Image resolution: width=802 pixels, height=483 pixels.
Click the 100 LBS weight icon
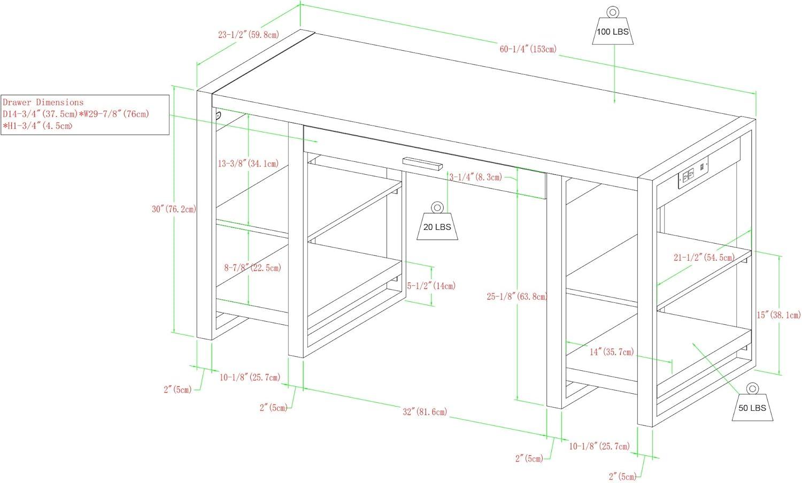(x=613, y=27)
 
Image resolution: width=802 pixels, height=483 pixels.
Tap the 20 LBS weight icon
(x=437, y=222)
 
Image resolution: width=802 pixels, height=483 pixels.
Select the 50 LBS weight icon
(x=752, y=402)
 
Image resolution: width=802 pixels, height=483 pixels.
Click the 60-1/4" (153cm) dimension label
(x=528, y=49)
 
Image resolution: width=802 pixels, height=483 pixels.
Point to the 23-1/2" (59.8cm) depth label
(x=249, y=35)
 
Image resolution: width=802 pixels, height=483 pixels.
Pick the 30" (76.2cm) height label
(x=174, y=209)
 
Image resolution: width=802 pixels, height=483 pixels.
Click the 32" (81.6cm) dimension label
(x=425, y=412)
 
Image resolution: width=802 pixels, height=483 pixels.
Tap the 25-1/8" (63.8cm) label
(x=516, y=296)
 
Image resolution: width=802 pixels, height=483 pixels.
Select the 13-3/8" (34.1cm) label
(x=248, y=163)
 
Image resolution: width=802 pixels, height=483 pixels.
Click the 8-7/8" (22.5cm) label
(x=253, y=268)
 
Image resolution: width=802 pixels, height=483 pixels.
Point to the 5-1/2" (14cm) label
(x=431, y=286)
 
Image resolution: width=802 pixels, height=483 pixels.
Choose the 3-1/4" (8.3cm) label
(x=476, y=177)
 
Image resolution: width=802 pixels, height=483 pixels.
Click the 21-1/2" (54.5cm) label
(x=704, y=257)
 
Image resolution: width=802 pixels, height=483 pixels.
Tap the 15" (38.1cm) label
(x=778, y=315)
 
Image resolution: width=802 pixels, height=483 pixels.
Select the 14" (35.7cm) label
(x=612, y=352)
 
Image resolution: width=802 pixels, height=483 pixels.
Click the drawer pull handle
(x=422, y=163)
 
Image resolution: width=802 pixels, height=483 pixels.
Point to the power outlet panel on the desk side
(x=692, y=173)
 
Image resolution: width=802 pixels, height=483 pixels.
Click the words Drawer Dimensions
(x=43, y=103)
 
